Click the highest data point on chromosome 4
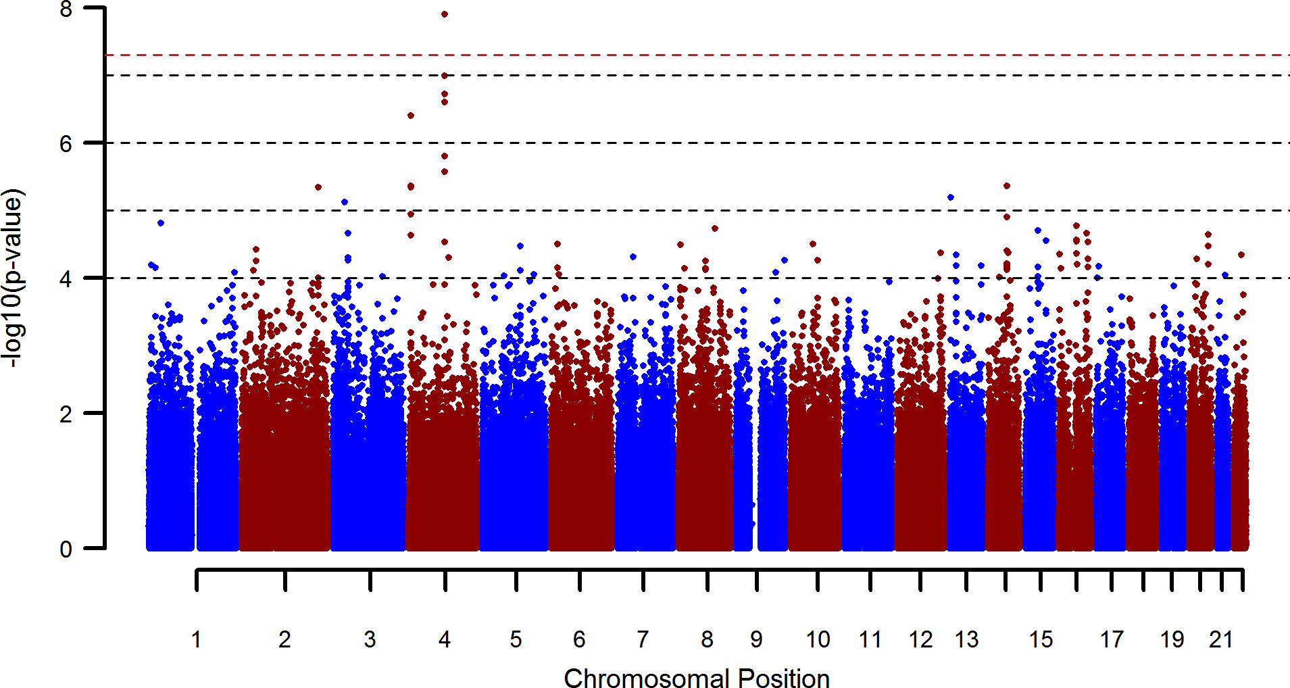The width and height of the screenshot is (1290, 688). (445, 14)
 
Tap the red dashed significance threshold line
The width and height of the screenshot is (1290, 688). (676, 55)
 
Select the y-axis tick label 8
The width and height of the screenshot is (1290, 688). (66, 9)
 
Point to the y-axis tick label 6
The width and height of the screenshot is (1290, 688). (66, 144)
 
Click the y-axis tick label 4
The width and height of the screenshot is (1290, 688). (66, 279)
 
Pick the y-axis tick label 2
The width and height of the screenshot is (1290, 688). (66, 414)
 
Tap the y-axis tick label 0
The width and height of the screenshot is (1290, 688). (66, 549)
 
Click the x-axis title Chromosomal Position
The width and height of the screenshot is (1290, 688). (697, 679)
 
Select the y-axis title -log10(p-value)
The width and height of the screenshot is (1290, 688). (13, 278)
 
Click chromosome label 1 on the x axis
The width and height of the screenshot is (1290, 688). (196, 639)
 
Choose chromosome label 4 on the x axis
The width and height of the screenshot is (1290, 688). (445, 639)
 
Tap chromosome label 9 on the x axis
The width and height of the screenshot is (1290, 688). (756, 639)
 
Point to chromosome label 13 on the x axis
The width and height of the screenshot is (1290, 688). (966, 639)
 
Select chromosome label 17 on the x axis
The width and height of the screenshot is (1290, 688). (1112, 639)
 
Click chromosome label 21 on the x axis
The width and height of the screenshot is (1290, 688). (1221, 639)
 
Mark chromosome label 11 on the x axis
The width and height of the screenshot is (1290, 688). (870, 639)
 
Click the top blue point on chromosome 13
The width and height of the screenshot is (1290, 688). (951, 197)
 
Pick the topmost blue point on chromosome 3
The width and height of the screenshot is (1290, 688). (345, 202)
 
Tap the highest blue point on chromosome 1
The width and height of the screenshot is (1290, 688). (161, 223)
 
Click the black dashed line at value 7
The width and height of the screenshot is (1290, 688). (676, 75)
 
